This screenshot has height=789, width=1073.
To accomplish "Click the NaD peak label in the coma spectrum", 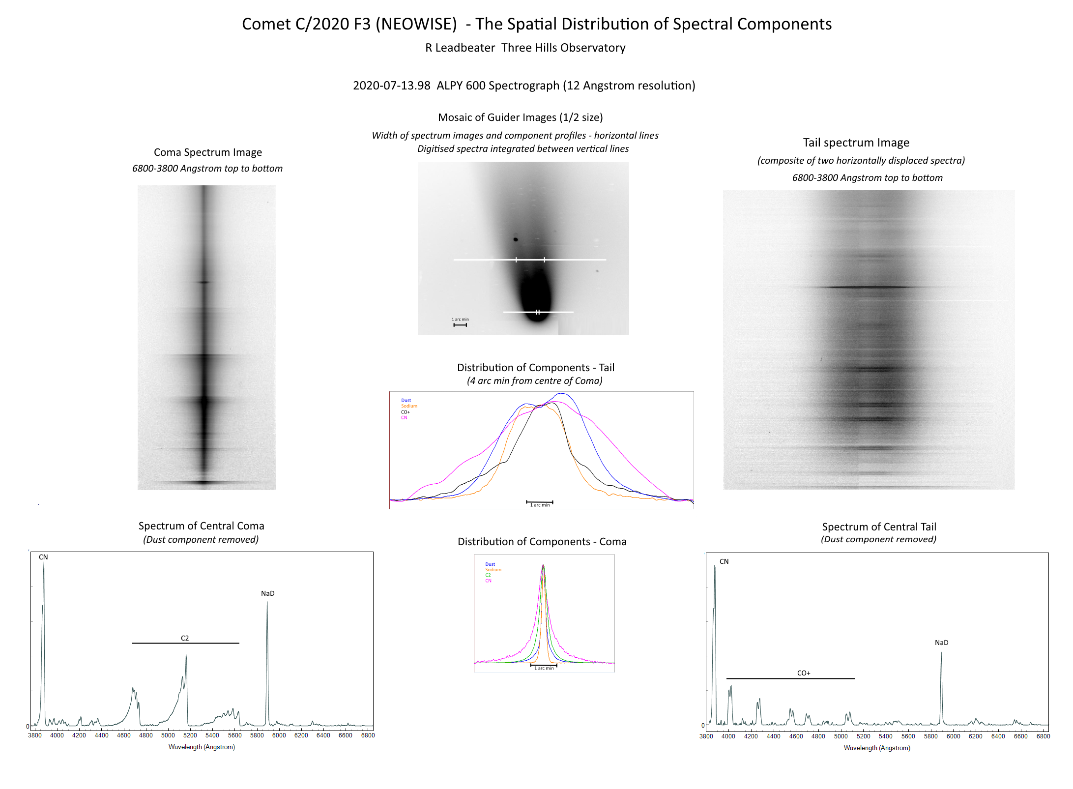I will [267, 593].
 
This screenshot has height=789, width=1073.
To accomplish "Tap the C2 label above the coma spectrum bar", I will [185, 638].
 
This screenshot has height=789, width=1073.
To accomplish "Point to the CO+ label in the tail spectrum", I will [804, 673].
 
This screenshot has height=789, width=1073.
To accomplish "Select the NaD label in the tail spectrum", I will [941, 643].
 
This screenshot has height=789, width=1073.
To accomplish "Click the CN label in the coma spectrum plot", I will [43, 557].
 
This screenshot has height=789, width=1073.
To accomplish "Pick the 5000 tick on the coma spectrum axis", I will [168, 735].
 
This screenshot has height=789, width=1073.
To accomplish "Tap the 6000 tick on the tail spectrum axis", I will [953, 736].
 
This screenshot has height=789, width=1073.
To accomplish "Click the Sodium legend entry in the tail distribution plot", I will [409, 406].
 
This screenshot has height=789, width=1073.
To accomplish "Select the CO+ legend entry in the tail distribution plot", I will [406, 412].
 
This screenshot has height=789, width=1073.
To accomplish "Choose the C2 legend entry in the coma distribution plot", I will [488, 575].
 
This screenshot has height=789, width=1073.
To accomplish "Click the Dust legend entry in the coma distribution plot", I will [490, 564].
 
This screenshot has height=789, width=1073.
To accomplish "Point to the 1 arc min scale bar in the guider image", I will [460, 324].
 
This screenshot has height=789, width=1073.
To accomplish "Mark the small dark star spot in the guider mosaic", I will [516, 239].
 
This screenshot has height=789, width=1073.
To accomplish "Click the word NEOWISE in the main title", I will [416, 24].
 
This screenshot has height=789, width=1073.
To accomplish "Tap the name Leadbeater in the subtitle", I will [464, 48].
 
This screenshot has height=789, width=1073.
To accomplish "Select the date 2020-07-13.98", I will [391, 86].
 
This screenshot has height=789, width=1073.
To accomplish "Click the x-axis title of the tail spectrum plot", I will [877, 748].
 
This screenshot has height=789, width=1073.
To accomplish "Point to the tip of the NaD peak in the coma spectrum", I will [267, 602].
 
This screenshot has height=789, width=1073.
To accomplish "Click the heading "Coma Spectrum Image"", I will [207, 152].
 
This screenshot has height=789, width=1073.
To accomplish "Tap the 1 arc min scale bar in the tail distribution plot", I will [540, 502].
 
